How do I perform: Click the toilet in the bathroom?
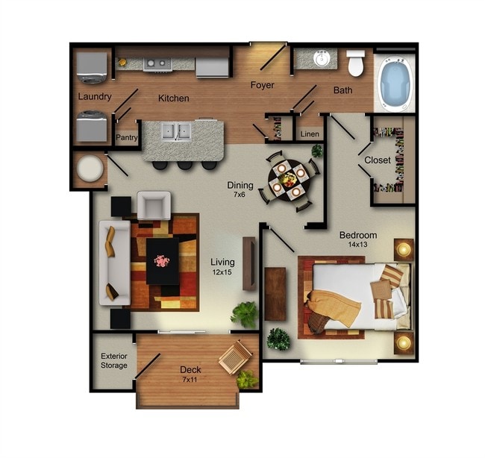[x=356, y=64]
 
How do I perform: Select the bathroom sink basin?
[x=322, y=59]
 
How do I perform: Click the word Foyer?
[x=262, y=85]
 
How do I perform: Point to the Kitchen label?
[x=173, y=98]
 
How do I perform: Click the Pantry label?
[x=127, y=137]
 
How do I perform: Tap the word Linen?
[x=309, y=134]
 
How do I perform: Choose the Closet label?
[x=378, y=160]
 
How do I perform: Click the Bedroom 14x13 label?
[x=357, y=239]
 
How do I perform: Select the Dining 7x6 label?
[x=240, y=189]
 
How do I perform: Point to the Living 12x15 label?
[x=222, y=266]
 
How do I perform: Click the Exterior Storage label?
[x=114, y=360]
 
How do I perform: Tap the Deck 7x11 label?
[x=191, y=374]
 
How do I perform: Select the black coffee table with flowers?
[x=162, y=260]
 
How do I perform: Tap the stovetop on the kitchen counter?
[x=157, y=63]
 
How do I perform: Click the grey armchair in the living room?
[x=153, y=205]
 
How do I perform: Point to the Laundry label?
[x=95, y=97]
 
